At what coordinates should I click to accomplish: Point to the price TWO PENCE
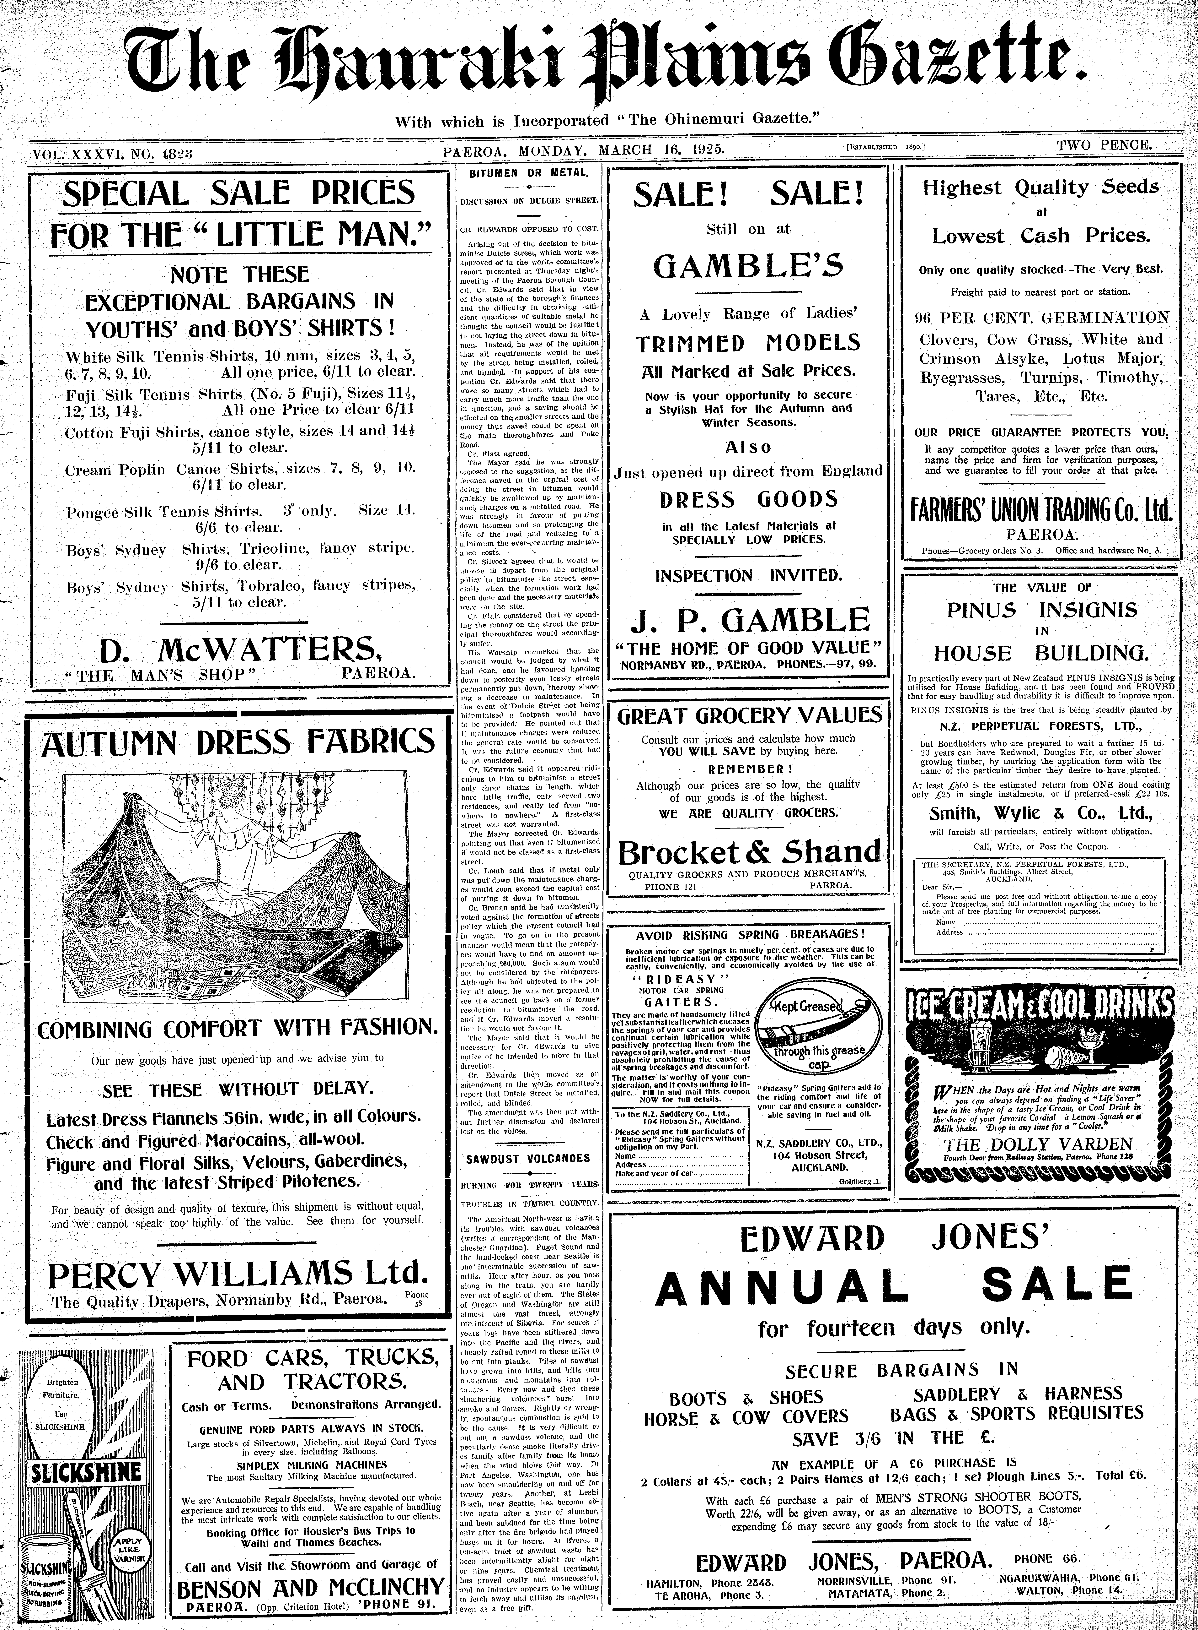1104,144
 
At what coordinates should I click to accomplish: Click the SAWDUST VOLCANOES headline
528,1159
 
